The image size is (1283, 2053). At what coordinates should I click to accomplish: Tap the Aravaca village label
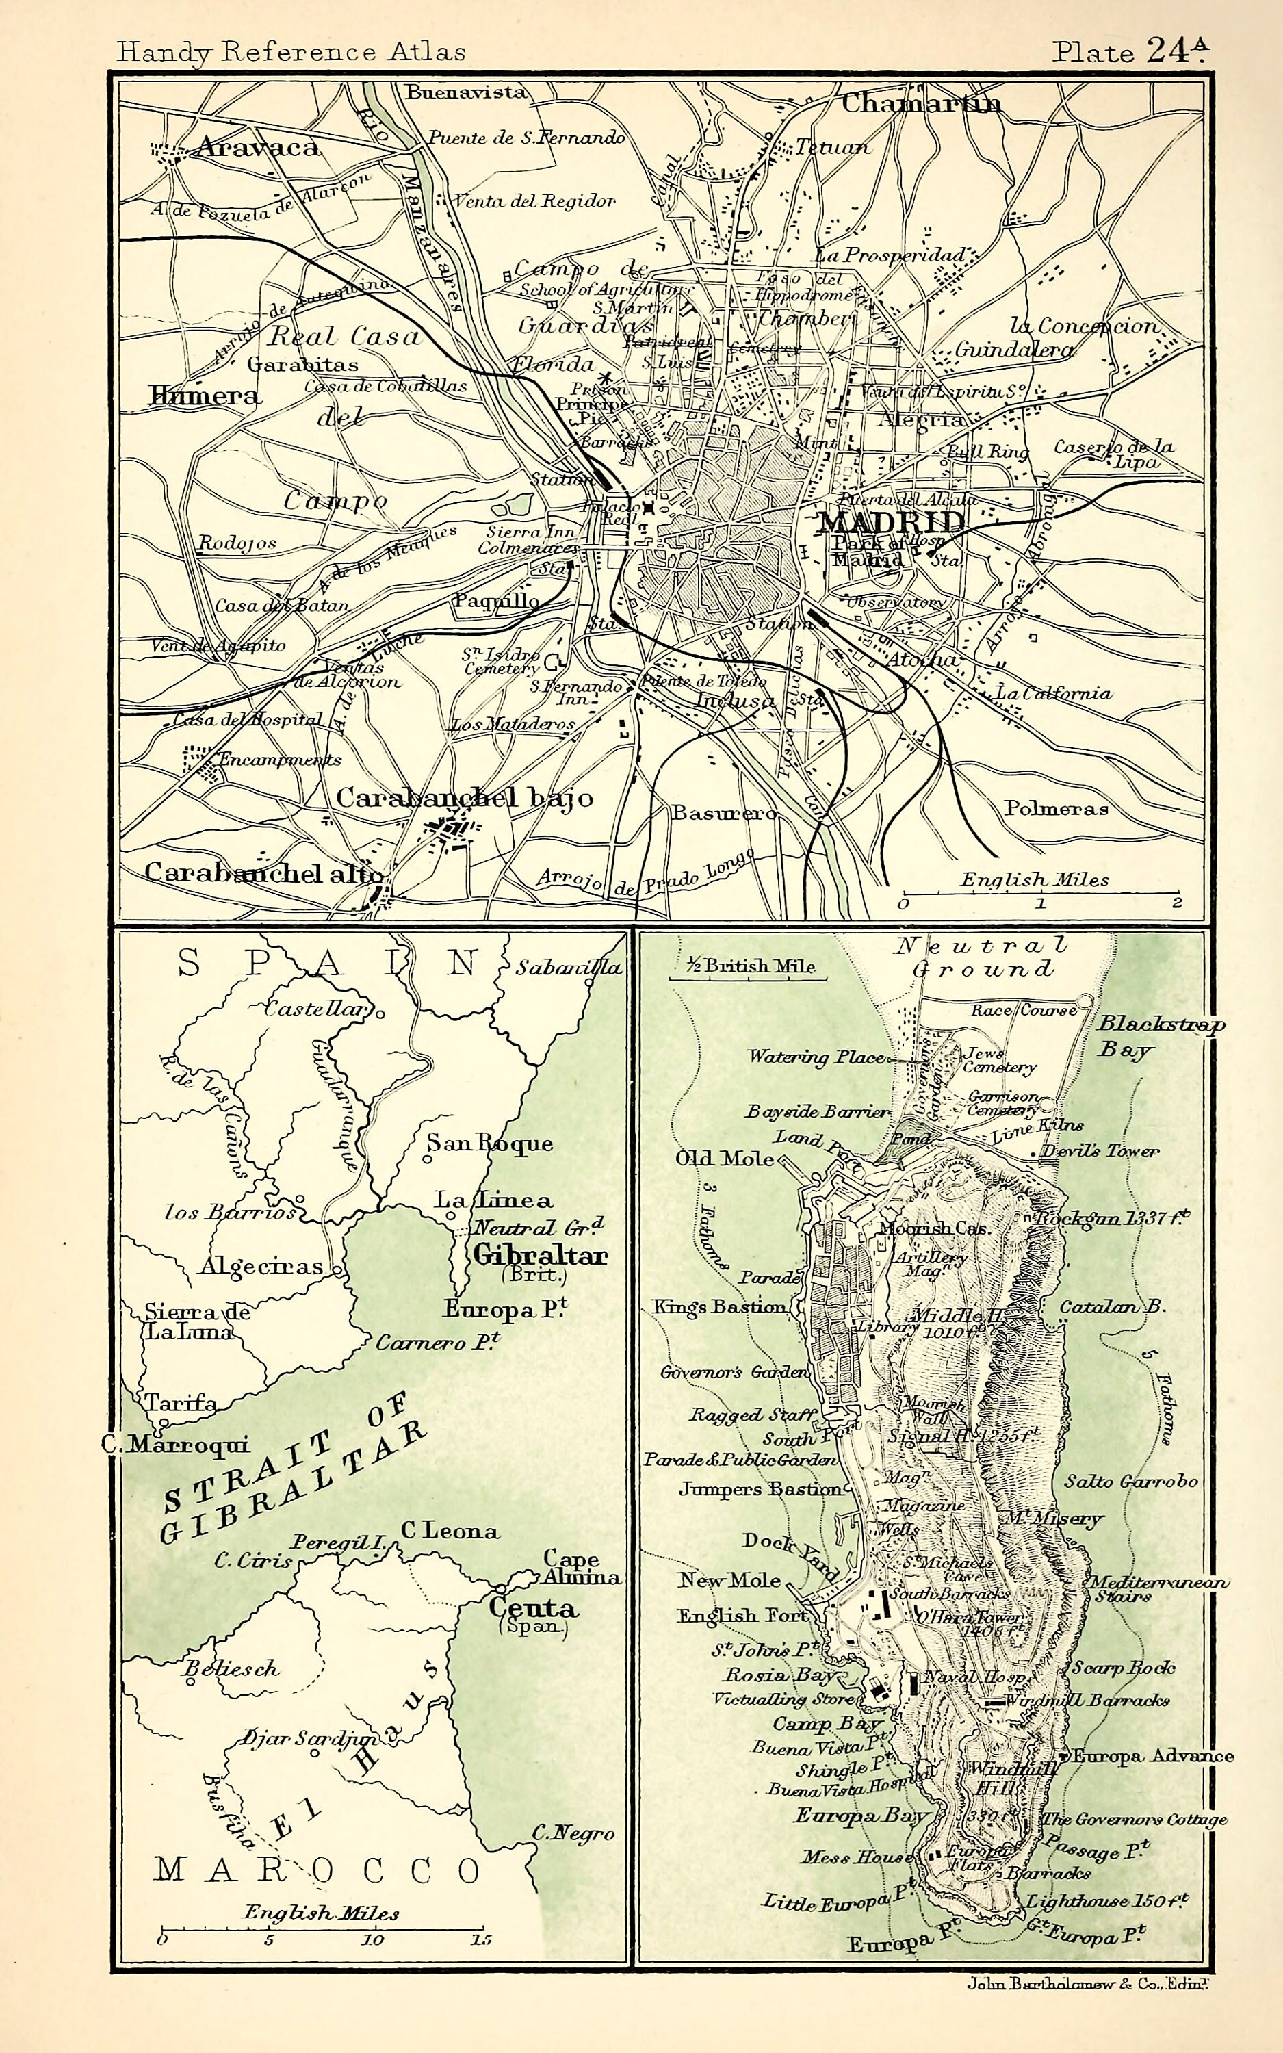click(258, 148)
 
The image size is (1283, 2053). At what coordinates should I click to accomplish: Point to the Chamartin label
click(920, 103)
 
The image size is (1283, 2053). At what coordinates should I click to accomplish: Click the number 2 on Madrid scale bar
click(1177, 903)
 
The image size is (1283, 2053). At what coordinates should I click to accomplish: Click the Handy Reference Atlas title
click(291, 53)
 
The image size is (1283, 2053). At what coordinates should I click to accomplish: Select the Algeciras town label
click(261, 1267)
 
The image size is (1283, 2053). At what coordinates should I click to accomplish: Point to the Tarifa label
click(180, 1402)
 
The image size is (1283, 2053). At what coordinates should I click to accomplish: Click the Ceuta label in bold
click(533, 1607)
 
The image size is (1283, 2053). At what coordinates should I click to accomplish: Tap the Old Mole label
click(724, 1159)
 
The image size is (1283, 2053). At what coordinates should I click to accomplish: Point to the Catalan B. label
click(1112, 1306)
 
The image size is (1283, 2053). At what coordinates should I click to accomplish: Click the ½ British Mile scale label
click(747, 966)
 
